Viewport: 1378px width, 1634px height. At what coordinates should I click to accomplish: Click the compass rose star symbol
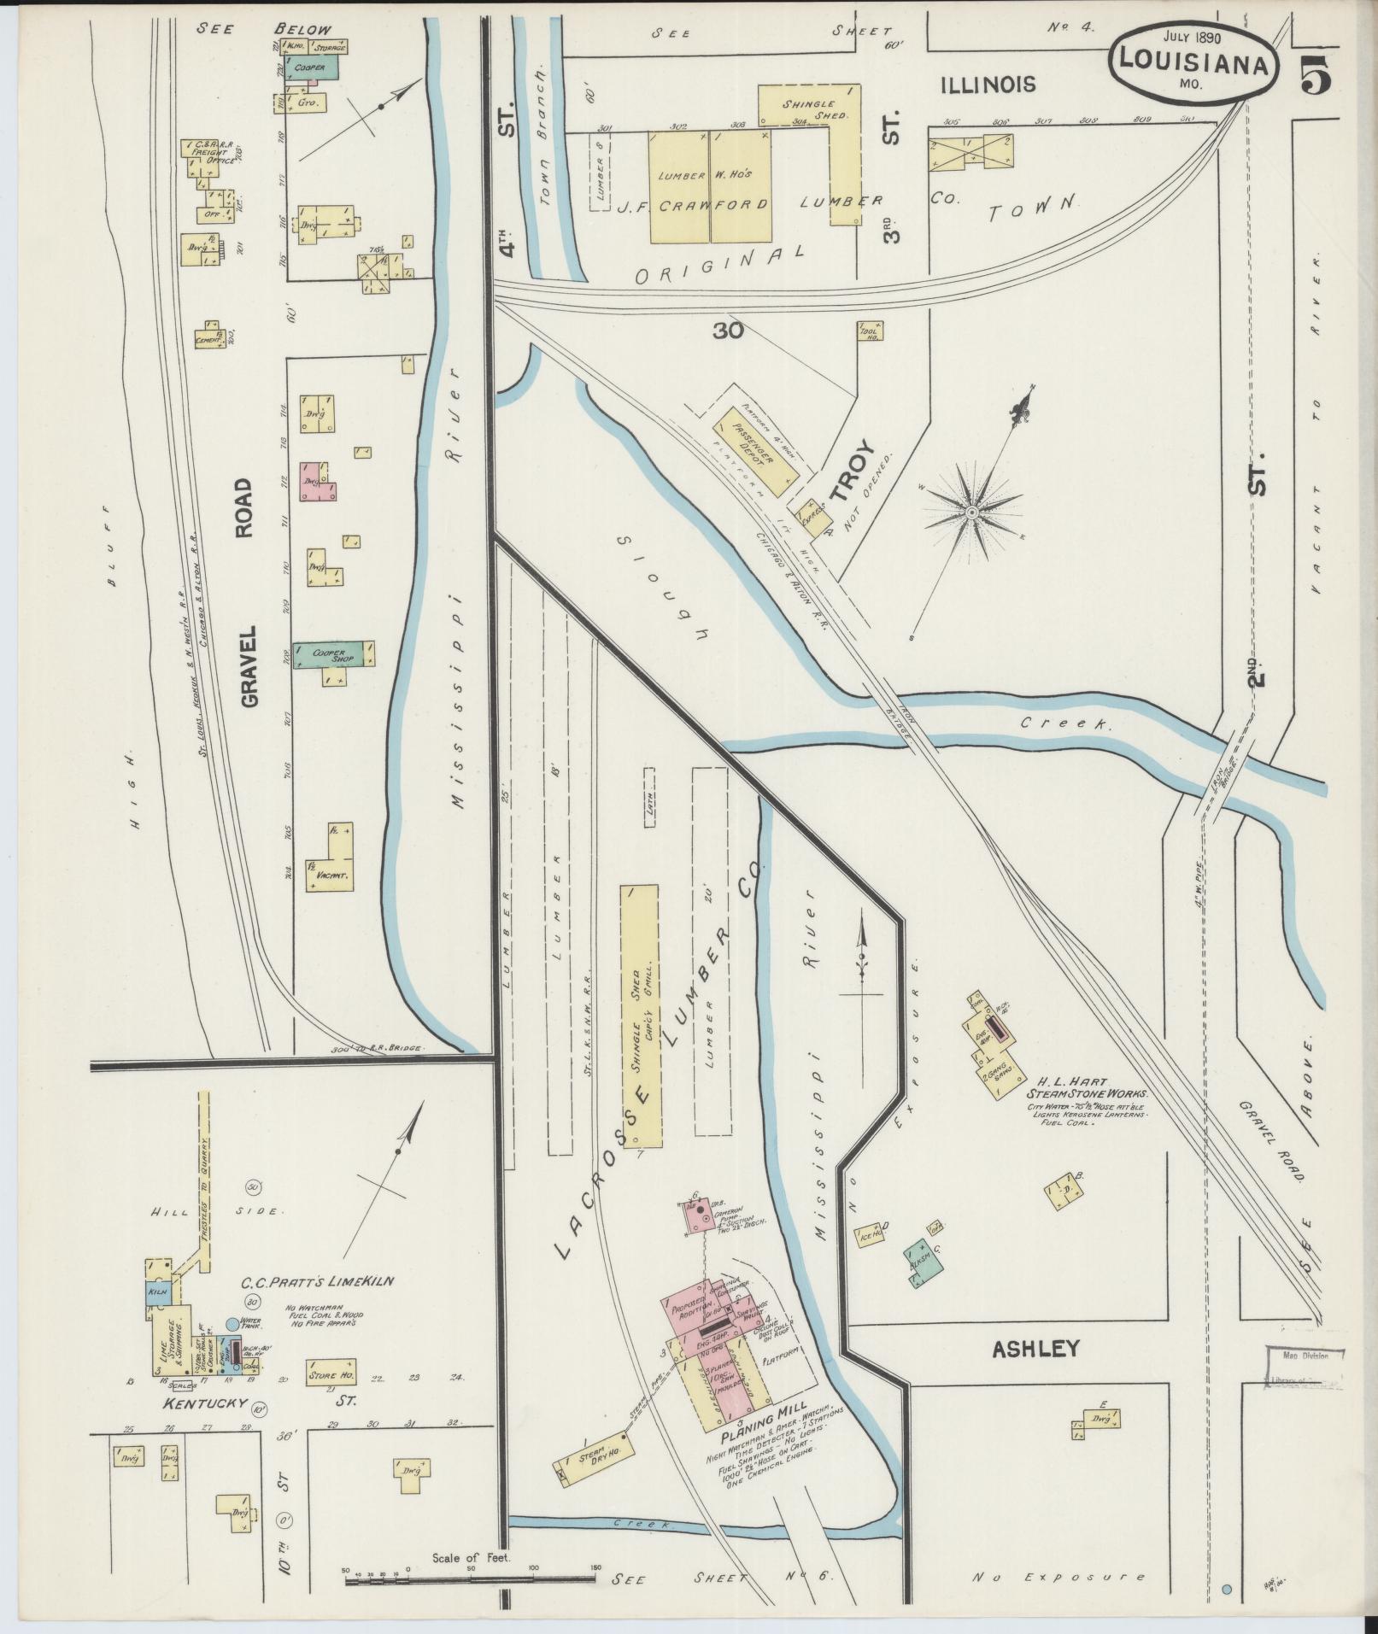click(x=971, y=512)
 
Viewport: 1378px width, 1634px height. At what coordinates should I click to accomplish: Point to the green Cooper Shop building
click(x=334, y=654)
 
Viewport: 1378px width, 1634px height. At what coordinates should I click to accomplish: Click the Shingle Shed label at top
click(x=814, y=109)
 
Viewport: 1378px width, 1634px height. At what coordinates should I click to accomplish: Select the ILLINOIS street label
click(x=988, y=84)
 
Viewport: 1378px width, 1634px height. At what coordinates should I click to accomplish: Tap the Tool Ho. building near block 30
click(x=871, y=331)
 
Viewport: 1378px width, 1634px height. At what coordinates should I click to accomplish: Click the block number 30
click(x=728, y=329)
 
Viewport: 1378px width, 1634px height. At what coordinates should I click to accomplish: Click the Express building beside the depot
click(x=812, y=515)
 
